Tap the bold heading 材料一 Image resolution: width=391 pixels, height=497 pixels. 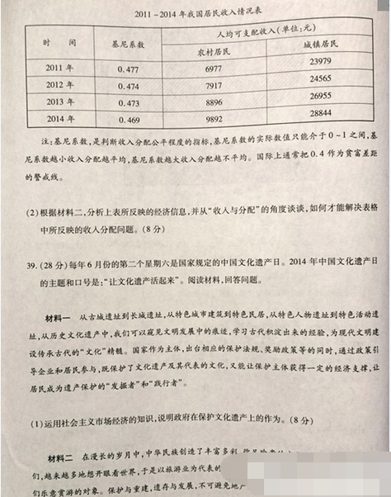click(57, 318)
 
